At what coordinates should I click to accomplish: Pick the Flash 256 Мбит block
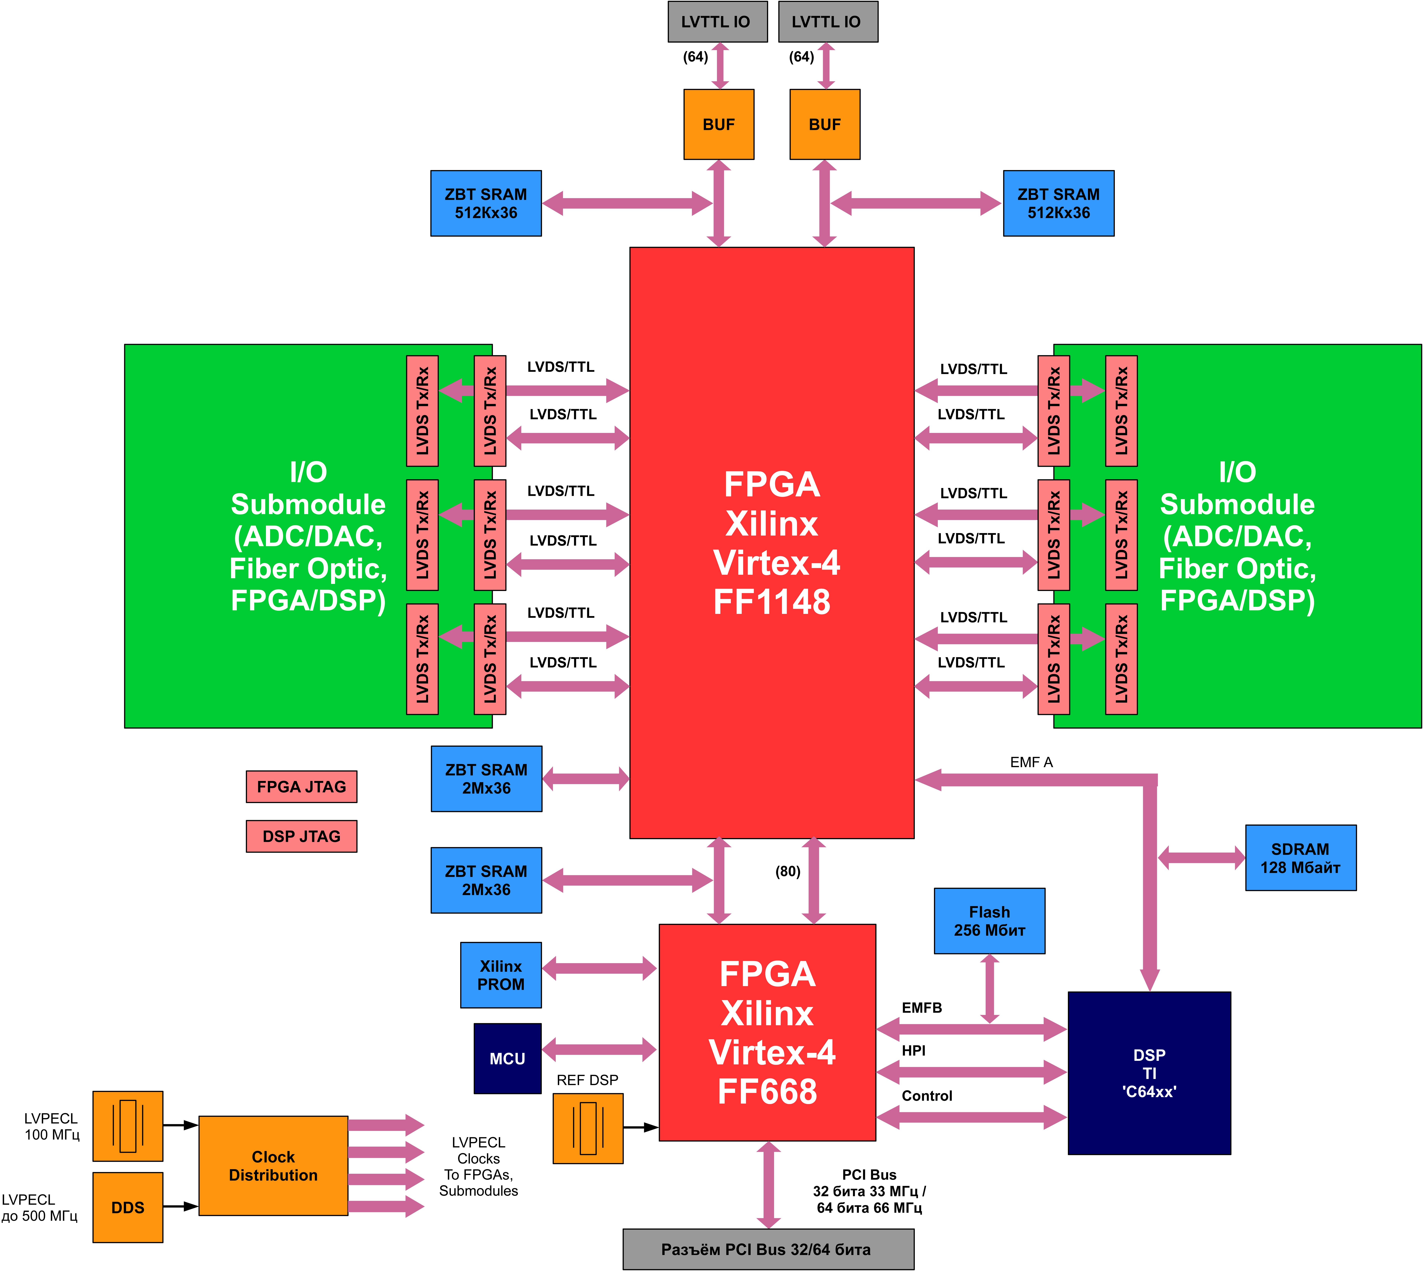click(x=989, y=921)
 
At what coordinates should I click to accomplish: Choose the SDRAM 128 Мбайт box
click(x=1300, y=858)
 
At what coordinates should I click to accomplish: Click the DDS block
click(x=128, y=1207)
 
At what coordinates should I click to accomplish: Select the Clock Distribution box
click(x=273, y=1166)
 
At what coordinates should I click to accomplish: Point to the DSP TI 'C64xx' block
click(x=1149, y=1073)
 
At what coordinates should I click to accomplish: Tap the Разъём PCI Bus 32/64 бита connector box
click(x=768, y=1249)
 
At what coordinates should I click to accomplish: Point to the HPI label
click(x=913, y=1051)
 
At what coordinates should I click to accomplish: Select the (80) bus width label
click(x=788, y=871)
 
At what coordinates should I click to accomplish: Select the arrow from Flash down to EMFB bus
click(x=989, y=988)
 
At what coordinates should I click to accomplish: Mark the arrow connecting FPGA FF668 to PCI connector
click(x=768, y=1185)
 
